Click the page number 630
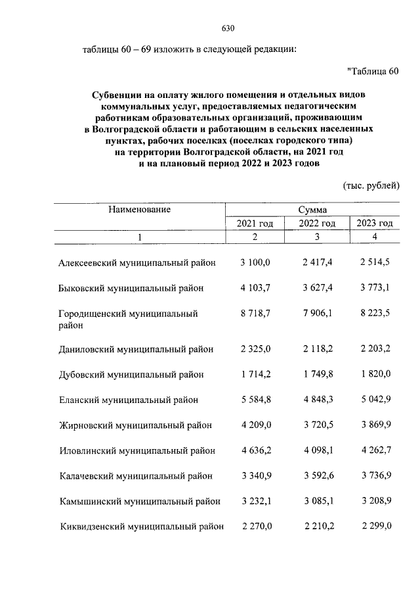coord(228,28)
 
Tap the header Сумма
coord(312,210)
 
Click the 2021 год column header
coord(255,224)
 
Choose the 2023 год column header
coord(374,224)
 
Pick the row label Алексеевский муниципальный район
coord(136,262)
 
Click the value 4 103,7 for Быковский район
coord(255,288)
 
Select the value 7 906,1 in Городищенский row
coord(317,314)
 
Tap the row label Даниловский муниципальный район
coord(136,349)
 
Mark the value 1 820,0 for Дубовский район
coord(375,374)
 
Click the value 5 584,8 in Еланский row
coord(255,400)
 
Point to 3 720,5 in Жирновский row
coord(317,425)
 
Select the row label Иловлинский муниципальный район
coord(136,451)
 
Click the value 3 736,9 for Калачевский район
coord(375,476)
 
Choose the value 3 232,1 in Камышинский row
coord(255,502)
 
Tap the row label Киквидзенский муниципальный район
coord(141,527)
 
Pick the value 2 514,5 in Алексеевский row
coord(375,262)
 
